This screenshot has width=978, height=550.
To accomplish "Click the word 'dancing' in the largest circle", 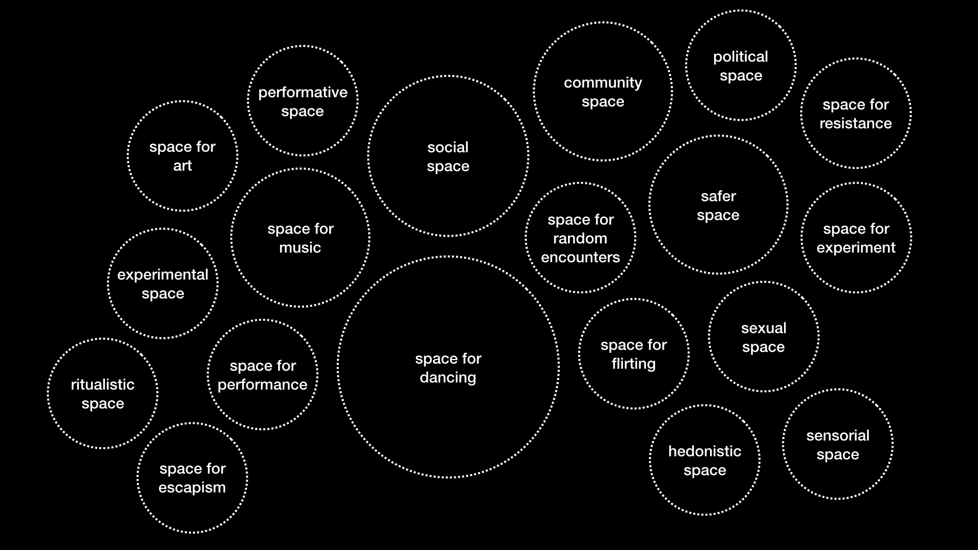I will (448, 378).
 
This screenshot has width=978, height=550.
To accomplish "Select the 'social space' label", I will (448, 157).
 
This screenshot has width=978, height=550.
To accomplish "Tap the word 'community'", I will (603, 82).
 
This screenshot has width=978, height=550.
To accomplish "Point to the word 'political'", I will (740, 57).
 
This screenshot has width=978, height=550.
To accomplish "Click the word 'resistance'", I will (855, 123).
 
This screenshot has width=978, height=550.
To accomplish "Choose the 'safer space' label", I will (718, 206).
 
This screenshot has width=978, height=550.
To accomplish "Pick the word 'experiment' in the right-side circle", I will (856, 248).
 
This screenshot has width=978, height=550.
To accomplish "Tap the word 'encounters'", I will (580, 257).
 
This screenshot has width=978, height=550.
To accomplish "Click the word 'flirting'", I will (633, 364).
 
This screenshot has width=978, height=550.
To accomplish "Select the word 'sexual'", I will (764, 328).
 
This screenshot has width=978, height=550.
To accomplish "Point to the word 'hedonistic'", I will (704, 451).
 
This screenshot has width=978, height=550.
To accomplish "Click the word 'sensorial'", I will (837, 435).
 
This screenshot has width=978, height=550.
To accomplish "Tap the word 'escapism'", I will (192, 487).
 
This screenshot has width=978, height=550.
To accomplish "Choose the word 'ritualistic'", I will (102, 384).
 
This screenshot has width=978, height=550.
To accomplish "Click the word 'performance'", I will (262, 384).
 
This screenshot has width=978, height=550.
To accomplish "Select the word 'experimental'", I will (162, 275).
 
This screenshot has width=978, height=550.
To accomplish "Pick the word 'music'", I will (300, 248).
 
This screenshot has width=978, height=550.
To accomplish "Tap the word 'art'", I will (182, 166).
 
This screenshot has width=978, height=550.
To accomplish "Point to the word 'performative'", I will (303, 92).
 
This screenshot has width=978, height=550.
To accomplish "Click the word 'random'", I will (580, 238).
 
